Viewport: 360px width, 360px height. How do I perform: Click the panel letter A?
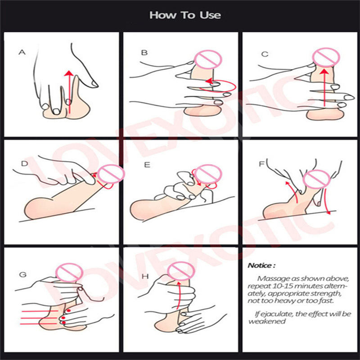click(x=22, y=52)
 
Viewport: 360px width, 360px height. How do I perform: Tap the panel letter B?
click(x=144, y=53)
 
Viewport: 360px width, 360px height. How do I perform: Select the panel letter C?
click(x=265, y=54)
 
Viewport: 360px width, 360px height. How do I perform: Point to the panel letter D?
click(x=24, y=163)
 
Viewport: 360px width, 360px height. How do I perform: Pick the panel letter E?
click(x=147, y=165)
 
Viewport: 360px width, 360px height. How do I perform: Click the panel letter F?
click(x=261, y=164)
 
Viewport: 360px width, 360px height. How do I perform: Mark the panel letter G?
click(x=23, y=274)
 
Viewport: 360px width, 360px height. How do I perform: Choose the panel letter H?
click(x=145, y=276)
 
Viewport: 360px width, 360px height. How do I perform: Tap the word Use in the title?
click(x=210, y=15)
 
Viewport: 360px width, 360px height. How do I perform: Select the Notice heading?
click(x=261, y=265)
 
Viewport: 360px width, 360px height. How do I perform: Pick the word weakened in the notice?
click(x=267, y=321)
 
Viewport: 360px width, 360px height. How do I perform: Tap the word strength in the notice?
click(x=327, y=293)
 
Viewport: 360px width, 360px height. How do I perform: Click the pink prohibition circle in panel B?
click(x=208, y=60)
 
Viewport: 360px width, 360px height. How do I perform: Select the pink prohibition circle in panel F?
click(x=316, y=180)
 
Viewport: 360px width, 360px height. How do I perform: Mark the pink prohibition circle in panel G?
click(x=69, y=273)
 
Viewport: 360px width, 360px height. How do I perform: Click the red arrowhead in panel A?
click(x=69, y=73)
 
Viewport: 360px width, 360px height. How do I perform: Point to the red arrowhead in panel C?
click(x=324, y=72)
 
